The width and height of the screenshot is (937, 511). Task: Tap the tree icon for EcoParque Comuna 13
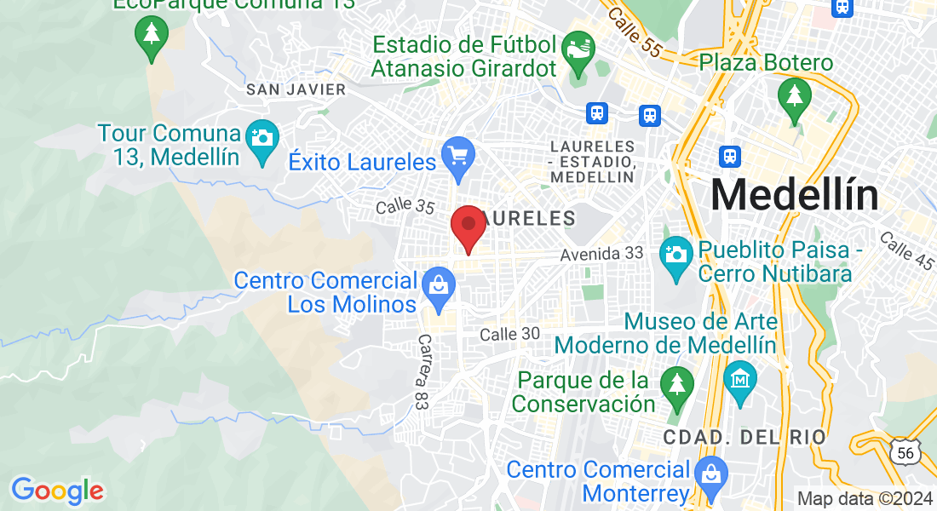click(151, 35)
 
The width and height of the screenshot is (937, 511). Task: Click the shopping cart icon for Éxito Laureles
click(458, 158)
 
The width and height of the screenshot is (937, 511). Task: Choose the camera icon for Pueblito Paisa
click(676, 253)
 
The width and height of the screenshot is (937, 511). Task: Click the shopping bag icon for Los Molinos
click(439, 285)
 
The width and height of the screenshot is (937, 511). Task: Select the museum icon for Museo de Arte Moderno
click(739, 376)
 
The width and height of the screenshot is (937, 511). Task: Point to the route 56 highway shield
click(905, 452)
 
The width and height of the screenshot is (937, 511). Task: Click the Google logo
click(57, 490)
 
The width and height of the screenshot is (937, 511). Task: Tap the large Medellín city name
click(794, 195)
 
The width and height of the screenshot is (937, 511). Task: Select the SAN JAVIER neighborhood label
click(296, 89)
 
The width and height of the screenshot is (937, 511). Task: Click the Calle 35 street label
click(405, 206)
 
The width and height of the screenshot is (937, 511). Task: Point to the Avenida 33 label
click(601, 255)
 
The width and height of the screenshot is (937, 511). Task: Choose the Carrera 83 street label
click(424, 372)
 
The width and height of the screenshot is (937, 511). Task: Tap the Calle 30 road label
click(509, 334)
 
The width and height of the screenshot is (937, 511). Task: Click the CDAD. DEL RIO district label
click(744, 437)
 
